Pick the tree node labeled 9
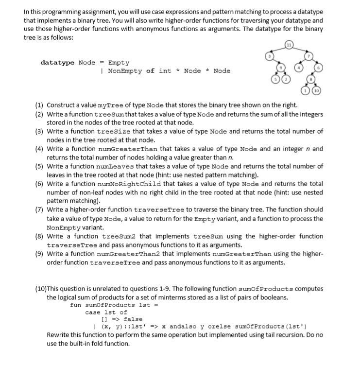click(x=279, y=68)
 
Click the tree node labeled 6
click(x=319, y=69)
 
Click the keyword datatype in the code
click(x=57, y=63)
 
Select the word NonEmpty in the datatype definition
click(x=124, y=71)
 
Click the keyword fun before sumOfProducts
click(x=76, y=305)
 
